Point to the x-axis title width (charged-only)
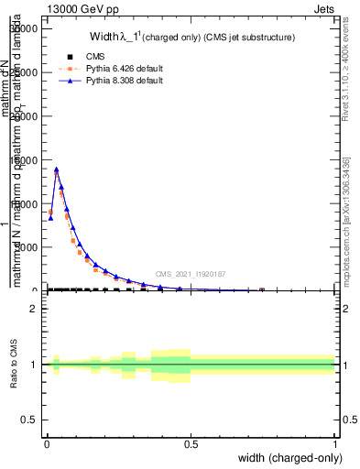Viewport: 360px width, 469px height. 289,457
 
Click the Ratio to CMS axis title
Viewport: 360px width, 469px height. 15,364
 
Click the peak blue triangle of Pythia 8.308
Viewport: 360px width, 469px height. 57,169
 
